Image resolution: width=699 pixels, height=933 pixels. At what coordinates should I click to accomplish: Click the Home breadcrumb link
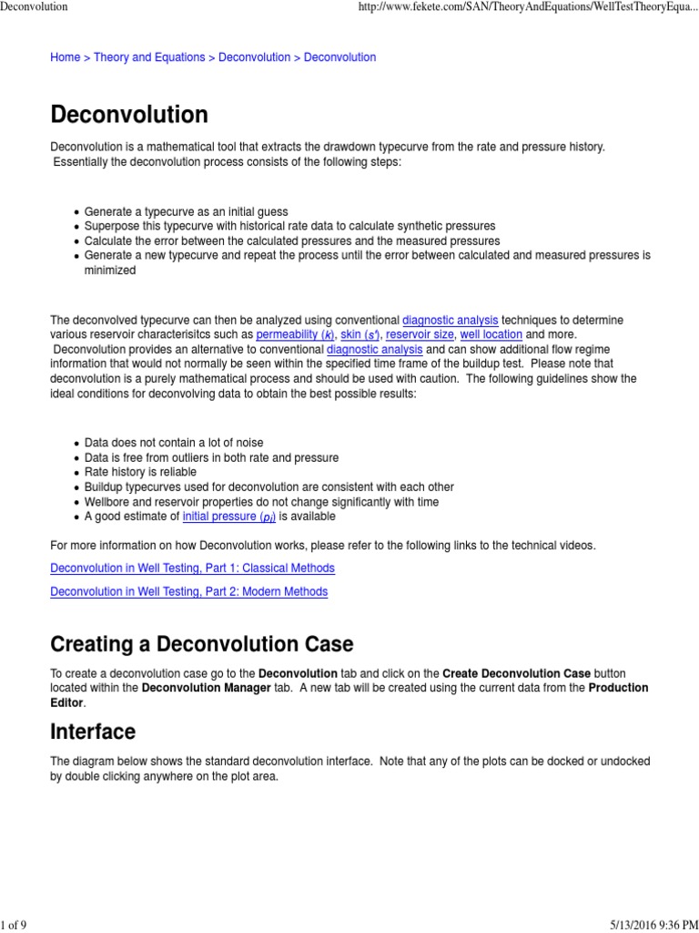[65, 57]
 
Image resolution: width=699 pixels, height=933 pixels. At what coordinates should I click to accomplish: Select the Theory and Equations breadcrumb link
[149, 57]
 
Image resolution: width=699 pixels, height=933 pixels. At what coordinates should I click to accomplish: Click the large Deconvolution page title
[128, 115]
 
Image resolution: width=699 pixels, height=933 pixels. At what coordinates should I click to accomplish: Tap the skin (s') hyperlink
[360, 334]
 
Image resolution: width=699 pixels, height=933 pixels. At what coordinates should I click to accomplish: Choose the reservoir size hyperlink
[420, 334]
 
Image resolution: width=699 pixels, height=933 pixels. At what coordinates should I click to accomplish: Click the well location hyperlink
[491, 334]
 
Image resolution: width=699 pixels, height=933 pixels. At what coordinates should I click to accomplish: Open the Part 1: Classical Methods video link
[192, 568]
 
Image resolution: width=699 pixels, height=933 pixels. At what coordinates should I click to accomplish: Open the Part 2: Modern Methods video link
[188, 591]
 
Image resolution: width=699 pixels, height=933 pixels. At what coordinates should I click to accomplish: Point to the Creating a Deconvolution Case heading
[201, 644]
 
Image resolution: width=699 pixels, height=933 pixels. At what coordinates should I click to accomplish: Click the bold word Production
[618, 688]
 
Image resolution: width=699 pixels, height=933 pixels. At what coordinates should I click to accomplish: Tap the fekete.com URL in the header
[529, 7]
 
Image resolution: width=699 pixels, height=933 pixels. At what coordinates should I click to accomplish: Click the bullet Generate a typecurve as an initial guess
[186, 211]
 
